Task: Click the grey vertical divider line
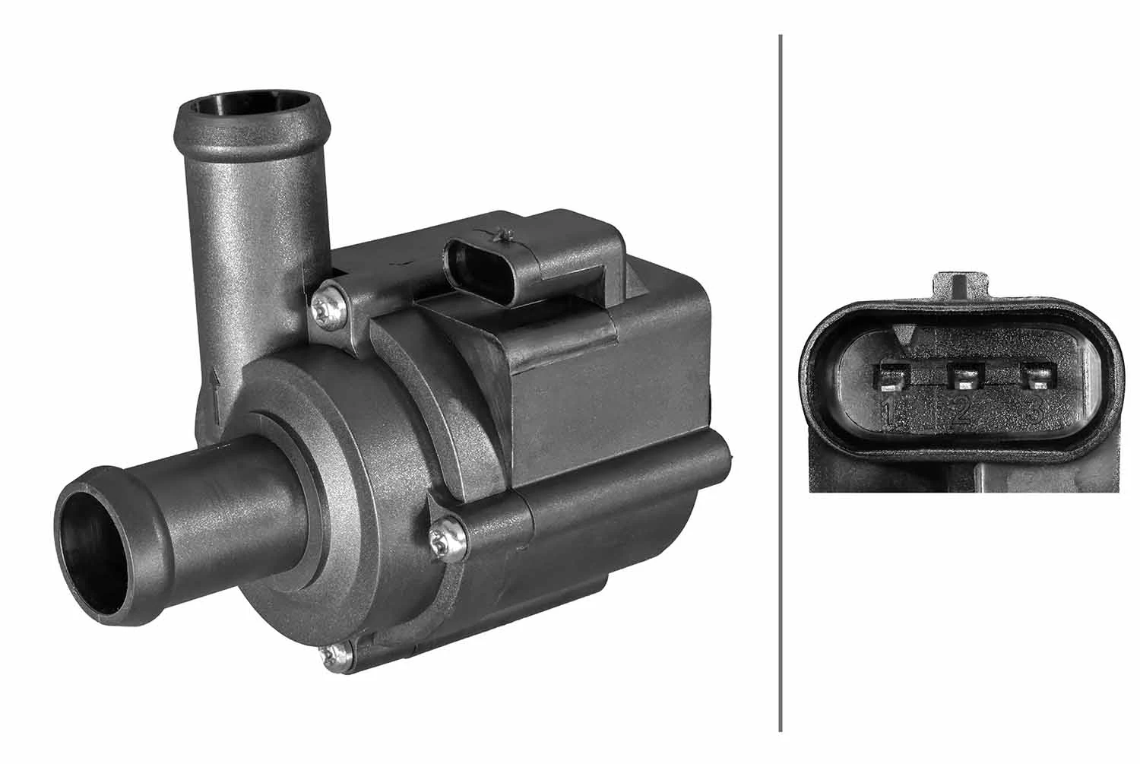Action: [781, 380]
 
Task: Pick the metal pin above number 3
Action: [1038, 376]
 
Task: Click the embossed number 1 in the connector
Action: [887, 412]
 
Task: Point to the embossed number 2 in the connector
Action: [961, 412]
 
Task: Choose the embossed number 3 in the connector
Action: [1034, 412]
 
